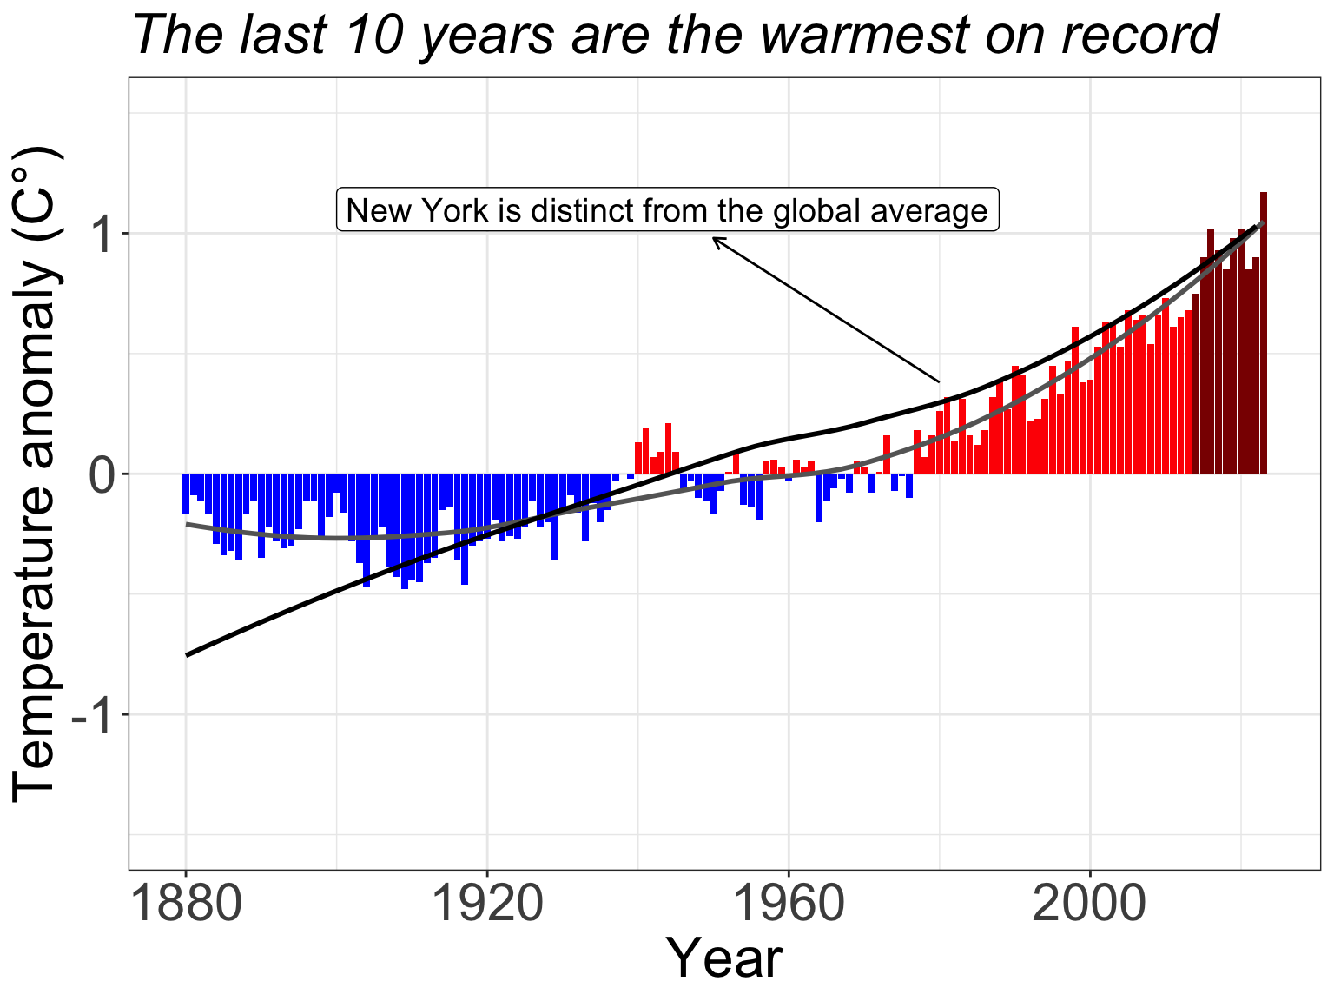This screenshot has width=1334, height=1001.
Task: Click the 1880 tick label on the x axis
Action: coord(186,905)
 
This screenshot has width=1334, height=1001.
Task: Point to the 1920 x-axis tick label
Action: coord(487,905)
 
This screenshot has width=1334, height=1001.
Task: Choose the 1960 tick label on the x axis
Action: coord(789,905)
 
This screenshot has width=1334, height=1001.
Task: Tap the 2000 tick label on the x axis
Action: coord(1090,905)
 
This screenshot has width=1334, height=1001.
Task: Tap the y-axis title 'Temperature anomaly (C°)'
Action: coord(36,474)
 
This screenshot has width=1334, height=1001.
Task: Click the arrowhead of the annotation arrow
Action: coord(715,239)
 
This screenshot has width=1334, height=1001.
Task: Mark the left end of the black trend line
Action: coord(187,654)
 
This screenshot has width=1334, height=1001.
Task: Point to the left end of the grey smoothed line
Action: coord(187,524)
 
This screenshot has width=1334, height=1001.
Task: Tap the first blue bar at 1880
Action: coord(186,494)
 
